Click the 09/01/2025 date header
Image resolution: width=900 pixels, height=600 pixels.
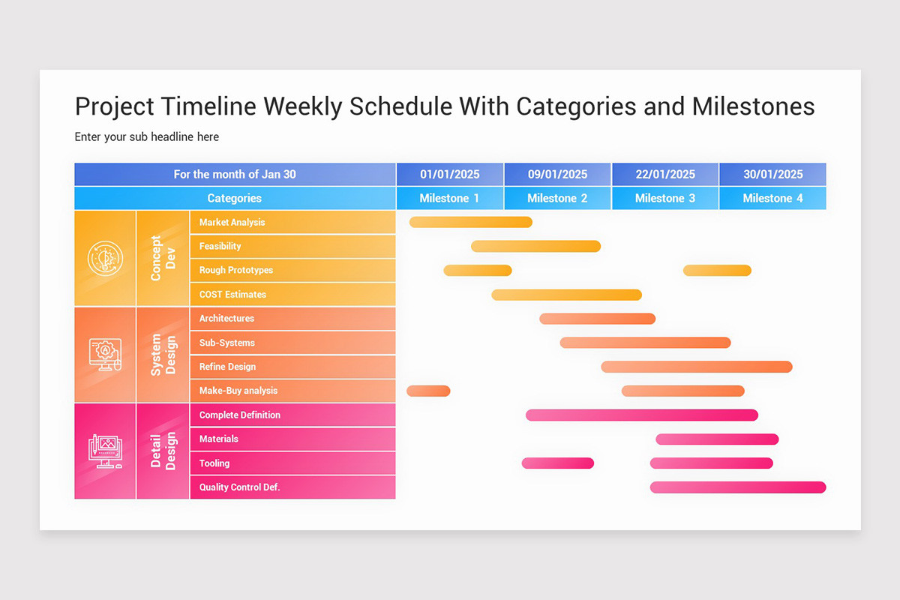[557, 174]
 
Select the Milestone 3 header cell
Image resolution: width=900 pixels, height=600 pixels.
[664, 198]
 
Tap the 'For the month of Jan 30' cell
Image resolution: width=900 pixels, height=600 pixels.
[235, 174]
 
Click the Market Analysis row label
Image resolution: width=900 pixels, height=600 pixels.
[232, 222]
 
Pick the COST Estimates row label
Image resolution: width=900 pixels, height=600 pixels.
[232, 294]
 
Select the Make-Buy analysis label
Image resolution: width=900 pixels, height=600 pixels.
[238, 391]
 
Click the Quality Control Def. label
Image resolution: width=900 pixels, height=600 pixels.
[239, 487]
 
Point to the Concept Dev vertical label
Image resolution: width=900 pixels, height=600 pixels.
[162, 258]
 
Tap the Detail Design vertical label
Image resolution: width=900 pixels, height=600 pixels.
[162, 451]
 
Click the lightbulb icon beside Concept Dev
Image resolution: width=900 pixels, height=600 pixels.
[104, 258]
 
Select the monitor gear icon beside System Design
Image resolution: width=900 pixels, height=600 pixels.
[104, 354]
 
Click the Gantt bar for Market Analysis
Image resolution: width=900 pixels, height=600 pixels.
[470, 222]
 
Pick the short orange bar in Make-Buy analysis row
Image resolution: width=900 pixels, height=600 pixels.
[428, 391]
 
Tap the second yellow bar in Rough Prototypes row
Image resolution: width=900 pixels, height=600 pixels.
[716, 270]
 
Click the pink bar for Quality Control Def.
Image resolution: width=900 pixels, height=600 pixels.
[737, 487]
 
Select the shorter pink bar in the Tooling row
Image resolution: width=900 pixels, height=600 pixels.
[557, 463]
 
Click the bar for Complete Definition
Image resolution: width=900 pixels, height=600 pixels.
[641, 415]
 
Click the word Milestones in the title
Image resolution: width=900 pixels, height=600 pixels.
[753, 106]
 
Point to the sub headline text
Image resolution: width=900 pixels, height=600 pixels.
[147, 136]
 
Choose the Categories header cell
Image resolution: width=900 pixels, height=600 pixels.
[235, 198]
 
